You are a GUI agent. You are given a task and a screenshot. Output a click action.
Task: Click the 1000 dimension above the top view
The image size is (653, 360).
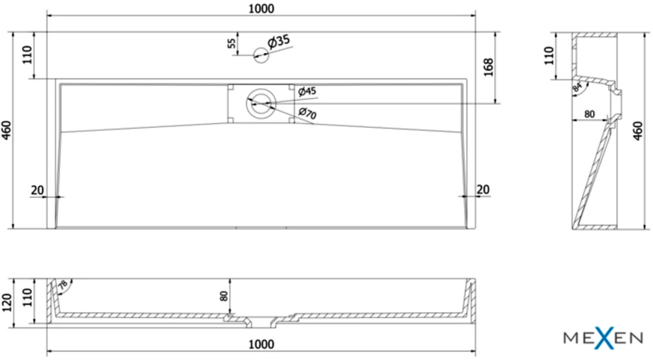tap(261, 8)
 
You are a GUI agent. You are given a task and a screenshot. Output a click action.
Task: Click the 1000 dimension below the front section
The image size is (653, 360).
tap(261, 344)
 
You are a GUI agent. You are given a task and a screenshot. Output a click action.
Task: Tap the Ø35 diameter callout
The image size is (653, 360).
tap(279, 41)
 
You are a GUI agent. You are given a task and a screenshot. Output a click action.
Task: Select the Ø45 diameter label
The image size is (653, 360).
tap(307, 91)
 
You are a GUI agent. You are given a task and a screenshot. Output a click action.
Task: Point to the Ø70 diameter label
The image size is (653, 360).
tap(308, 112)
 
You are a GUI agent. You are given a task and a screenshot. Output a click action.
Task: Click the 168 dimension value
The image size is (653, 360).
tap(488, 67)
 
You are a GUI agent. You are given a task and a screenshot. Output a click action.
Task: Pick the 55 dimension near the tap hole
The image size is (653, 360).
tap(232, 43)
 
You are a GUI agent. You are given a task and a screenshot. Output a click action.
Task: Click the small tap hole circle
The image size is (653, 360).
tap(261, 55)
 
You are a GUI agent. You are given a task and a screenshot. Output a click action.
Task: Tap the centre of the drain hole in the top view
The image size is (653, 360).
tap(261, 103)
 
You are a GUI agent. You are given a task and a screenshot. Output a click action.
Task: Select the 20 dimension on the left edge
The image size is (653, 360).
tap(37, 190)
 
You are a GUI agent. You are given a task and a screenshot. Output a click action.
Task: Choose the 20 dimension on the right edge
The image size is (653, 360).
tap(483, 189)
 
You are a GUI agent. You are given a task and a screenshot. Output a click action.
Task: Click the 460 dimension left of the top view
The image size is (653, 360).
tap(7, 130)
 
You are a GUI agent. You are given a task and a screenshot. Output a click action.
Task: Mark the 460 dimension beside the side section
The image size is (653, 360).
tap(637, 131)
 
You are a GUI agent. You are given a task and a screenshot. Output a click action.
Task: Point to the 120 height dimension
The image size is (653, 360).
tap(7, 303)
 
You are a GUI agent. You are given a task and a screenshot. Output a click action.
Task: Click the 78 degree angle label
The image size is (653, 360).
tap(63, 285)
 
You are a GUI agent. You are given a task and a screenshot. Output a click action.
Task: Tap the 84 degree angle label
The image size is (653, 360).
tap(577, 88)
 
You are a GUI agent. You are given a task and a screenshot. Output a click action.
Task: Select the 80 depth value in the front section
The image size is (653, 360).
tap(224, 296)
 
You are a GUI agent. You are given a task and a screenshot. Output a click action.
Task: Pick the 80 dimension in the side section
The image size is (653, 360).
tap(589, 114)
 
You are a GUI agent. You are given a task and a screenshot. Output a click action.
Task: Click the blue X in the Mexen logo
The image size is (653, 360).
tap(607, 338)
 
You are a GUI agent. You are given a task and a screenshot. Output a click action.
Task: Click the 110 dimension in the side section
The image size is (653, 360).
tap(549, 56)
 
